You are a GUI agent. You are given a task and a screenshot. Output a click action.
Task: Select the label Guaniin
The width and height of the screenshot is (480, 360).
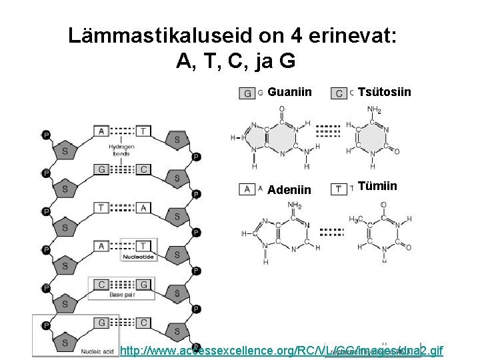(x=289, y=91)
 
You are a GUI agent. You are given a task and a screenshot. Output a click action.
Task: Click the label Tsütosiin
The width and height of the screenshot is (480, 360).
(x=385, y=91)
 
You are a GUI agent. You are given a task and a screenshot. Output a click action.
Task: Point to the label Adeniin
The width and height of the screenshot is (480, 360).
(x=289, y=190)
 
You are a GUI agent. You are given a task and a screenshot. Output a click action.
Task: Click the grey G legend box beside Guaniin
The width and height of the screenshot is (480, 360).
(x=247, y=93)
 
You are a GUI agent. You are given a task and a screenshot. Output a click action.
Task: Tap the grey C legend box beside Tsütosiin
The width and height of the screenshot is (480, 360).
(x=339, y=93)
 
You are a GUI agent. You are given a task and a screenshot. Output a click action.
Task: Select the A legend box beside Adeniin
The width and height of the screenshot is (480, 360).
(x=247, y=189)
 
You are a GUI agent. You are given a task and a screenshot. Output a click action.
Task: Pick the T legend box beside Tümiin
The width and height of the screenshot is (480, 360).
(x=339, y=189)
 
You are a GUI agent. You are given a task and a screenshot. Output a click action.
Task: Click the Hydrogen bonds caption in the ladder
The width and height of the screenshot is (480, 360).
(x=121, y=149)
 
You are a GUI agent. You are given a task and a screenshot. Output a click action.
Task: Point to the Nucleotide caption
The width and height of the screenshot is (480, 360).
(x=139, y=257)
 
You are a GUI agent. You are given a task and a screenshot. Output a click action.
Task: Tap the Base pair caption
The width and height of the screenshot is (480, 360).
(x=122, y=294)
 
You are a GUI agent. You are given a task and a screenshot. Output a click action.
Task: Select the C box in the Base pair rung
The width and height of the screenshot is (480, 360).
(x=101, y=285)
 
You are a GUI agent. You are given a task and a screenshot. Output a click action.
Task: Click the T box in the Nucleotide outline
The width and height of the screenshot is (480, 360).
(x=144, y=246)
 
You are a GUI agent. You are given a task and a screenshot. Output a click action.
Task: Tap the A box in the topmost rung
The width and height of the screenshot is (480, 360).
(x=101, y=131)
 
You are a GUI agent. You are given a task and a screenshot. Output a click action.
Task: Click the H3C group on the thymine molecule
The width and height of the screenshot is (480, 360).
(x=355, y=219)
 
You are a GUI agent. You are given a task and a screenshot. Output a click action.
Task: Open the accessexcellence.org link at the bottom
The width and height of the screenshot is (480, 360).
(x=280, y=351)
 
